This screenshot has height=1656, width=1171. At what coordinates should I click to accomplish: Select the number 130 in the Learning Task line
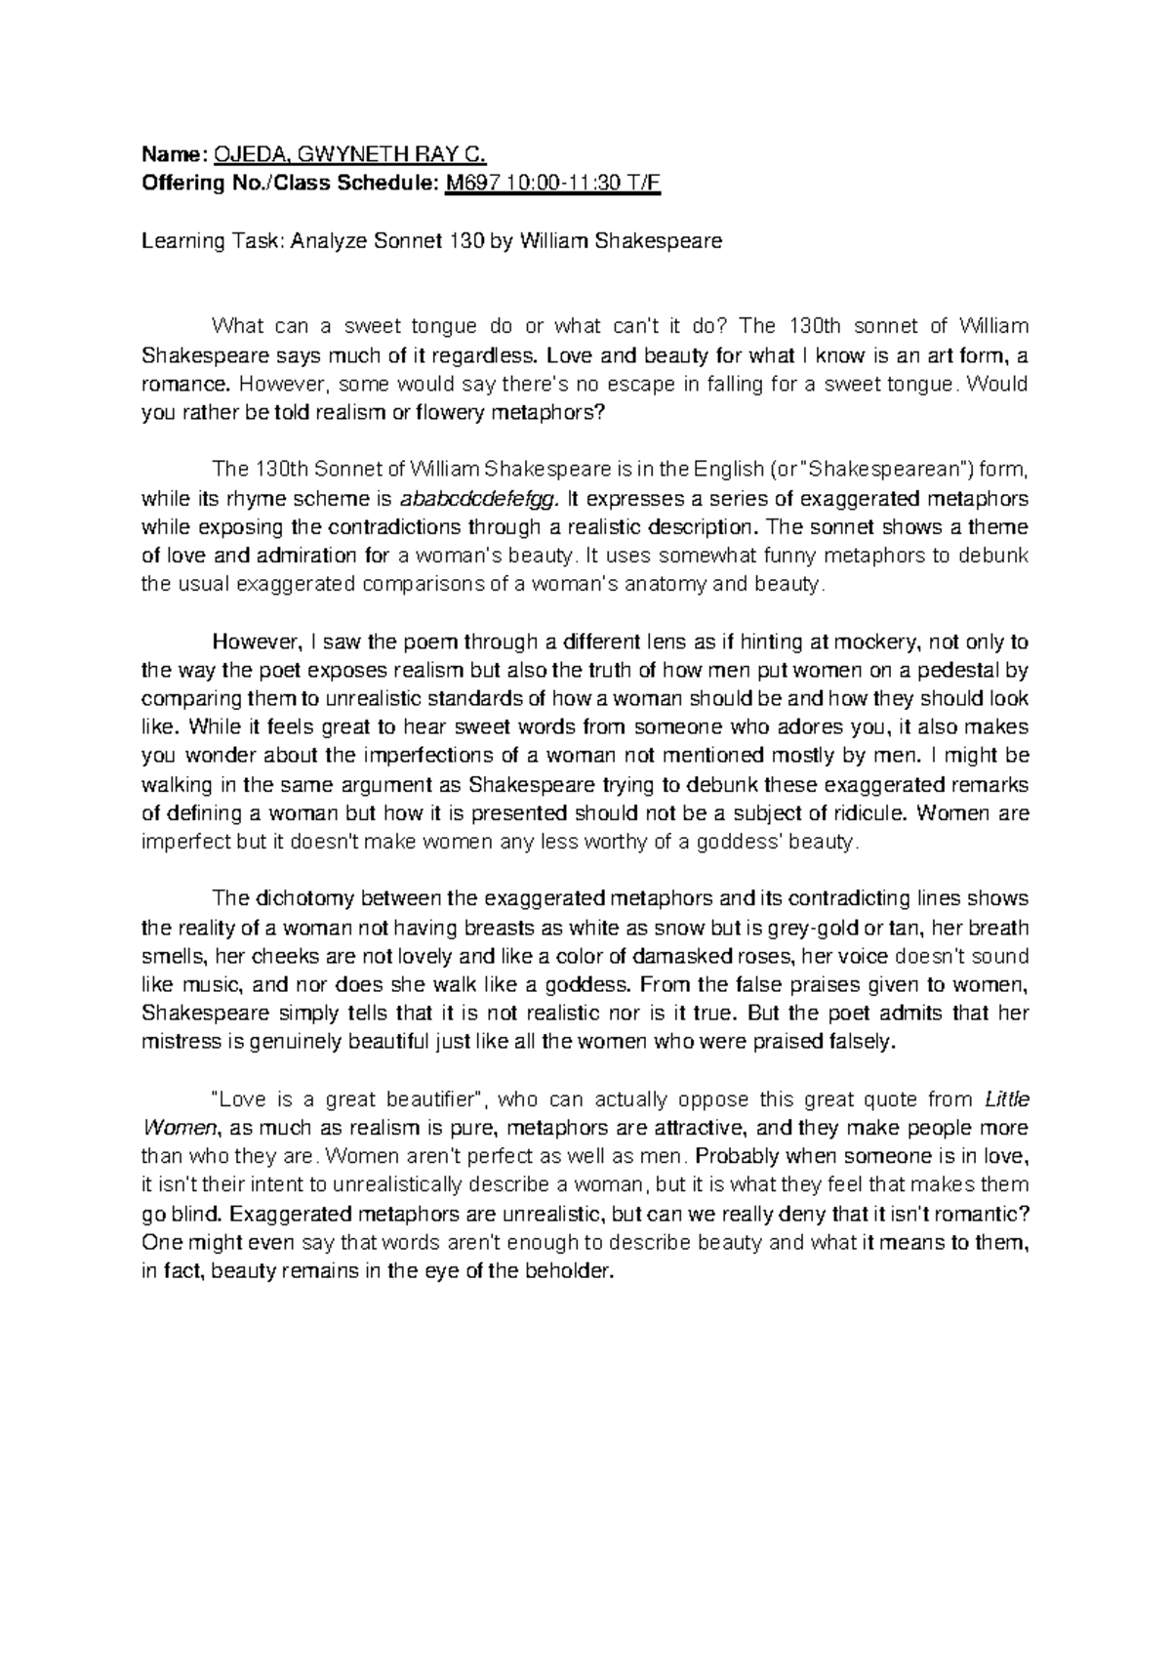pyautogui.click(x=462, y=240)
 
